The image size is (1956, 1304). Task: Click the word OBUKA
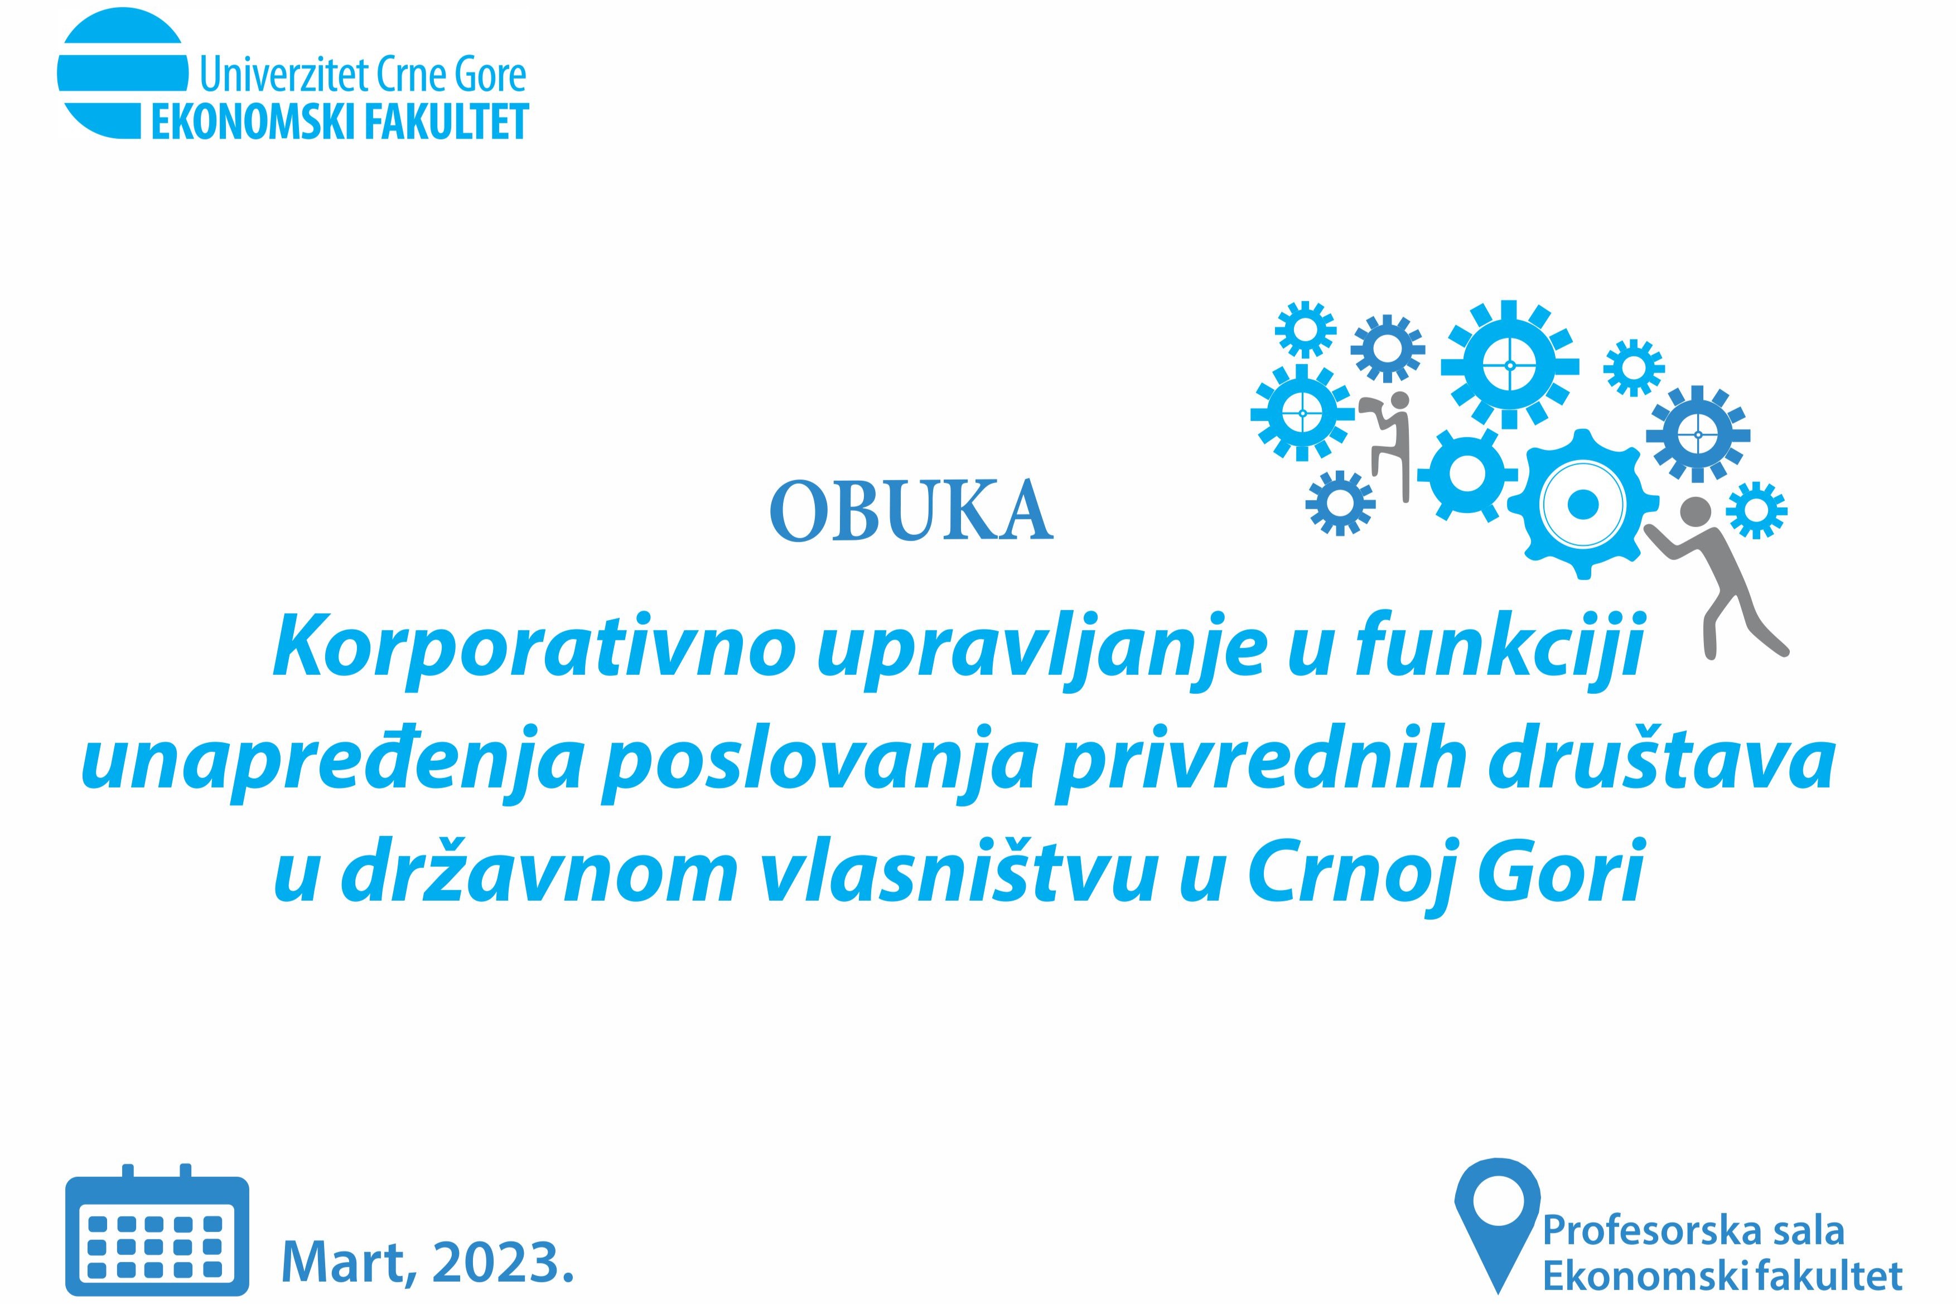[911, 509]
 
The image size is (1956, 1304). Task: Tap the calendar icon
[157, 1230]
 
